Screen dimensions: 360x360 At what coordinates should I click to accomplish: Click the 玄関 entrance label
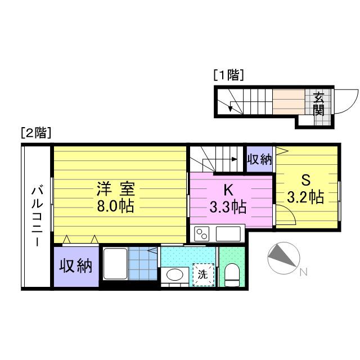click(319, 103)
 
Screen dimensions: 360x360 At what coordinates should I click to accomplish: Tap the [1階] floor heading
click(228, 75)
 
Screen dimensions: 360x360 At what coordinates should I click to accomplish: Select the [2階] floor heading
click(36, 133)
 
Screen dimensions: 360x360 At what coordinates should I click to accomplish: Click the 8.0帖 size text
click(115, 206)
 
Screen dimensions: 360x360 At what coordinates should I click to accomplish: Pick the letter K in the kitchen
click(228, 190)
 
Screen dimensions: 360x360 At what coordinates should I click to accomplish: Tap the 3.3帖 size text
click(228, 207)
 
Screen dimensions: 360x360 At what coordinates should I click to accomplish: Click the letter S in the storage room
click(306, 180)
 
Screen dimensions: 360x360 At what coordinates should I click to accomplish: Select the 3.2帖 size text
click(305, 197)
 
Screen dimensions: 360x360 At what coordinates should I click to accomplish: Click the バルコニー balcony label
click(37, 216)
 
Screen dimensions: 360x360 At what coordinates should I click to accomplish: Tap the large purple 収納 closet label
click(76, 266)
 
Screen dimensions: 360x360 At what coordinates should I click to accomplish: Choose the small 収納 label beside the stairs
click(259, 159)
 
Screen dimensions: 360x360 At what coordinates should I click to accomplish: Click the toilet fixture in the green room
click(232, 275)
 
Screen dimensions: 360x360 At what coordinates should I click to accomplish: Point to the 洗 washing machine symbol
click(204, 274)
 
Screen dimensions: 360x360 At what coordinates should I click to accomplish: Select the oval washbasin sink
click(175, 274)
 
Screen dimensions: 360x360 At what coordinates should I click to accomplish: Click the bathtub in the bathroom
click(115, 264)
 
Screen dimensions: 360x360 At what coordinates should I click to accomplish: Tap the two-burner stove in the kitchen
click(201, 234)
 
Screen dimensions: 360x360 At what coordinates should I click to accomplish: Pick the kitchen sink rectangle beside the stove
click(228, 234)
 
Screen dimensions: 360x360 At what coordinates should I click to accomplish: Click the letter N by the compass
click(304, 272)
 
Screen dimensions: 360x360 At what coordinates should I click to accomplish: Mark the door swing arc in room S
click(290, 211)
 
